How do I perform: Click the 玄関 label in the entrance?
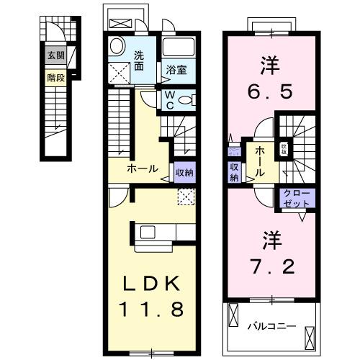55,55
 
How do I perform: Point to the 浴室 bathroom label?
177,71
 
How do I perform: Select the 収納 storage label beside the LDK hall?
185,173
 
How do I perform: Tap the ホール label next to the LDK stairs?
143,169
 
